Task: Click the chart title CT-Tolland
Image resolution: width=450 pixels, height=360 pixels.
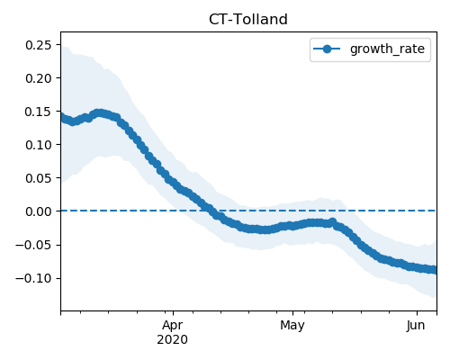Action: coord(248,20)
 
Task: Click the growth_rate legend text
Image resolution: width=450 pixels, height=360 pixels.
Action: coord(387,49)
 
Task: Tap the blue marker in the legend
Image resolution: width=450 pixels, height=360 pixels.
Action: coord(327,49)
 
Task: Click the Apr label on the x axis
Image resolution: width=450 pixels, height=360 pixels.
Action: coord(173,326)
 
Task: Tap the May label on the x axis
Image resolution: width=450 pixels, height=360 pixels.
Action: coord(292,326)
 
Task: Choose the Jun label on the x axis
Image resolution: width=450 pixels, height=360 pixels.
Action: coord(416,326)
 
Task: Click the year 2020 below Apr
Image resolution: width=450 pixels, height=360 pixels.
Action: coord(173,340)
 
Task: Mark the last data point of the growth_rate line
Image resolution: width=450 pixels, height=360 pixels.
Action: coord(434,270)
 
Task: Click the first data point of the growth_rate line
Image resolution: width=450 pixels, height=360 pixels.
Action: coord(61,117)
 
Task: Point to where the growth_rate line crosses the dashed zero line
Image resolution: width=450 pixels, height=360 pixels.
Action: coord(209,211)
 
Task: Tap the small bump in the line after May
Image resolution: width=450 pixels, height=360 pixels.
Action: coord(332,222)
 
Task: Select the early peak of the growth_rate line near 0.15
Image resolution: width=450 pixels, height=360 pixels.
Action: coord(100,113)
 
